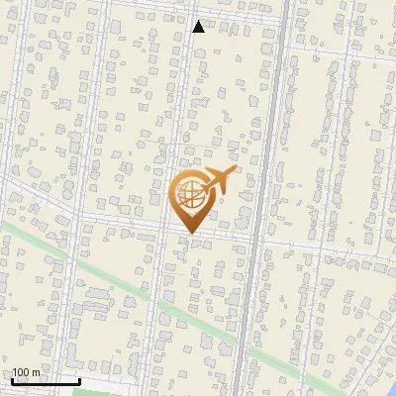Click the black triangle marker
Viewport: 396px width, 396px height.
coord(199,27)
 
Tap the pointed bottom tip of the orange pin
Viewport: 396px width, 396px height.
coord(190,234)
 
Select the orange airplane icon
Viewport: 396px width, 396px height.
coord(216,182)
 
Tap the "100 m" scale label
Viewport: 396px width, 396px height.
coord(26,372)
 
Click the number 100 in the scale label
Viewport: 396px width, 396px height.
coord(21,372)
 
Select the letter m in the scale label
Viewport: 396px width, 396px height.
coord(36,373)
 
